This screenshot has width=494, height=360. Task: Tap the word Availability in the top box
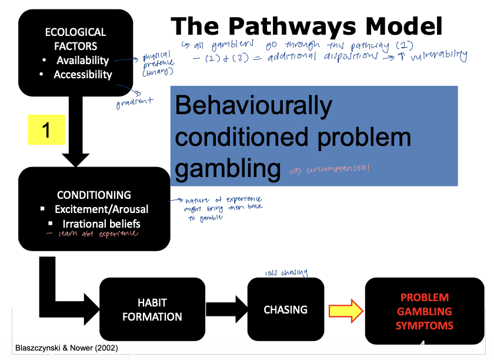point(82,60)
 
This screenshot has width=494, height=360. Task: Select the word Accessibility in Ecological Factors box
point(82,75)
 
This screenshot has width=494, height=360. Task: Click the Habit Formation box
point(152,309)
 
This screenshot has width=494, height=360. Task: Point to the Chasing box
point(285,309)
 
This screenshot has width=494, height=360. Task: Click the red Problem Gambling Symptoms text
point(424,311)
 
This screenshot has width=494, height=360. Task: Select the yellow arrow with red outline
point(344,310)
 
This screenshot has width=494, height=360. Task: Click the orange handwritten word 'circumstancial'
point(338,169)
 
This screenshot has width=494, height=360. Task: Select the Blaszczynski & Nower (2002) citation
point(66,348)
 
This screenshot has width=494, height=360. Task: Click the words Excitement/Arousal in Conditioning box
point(101,209)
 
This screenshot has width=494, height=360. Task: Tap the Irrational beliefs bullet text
point(101,224)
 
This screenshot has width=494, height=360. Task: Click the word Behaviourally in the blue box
point(253,106)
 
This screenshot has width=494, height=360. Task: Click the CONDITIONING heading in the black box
point(94,195)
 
